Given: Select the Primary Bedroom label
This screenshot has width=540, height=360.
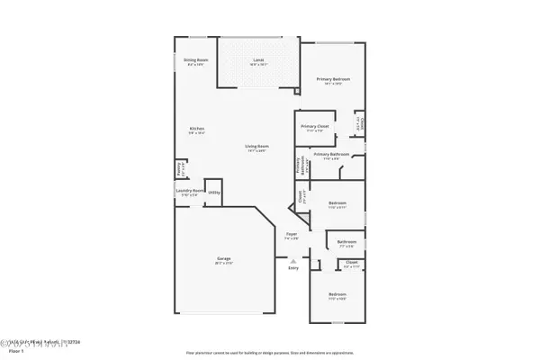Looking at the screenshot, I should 332,79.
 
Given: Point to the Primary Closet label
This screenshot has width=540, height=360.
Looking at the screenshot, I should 314,127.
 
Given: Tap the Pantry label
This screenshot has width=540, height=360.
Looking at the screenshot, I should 181,167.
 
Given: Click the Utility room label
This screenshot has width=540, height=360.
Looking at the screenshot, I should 214,192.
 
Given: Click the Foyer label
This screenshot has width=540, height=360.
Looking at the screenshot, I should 291,234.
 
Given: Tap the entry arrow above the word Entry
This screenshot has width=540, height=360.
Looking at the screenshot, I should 292,260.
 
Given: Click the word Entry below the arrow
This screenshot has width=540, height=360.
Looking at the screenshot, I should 292,268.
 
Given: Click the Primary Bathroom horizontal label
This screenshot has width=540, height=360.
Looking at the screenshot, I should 330,155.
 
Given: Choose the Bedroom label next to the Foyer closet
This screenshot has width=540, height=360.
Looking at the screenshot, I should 337,203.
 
